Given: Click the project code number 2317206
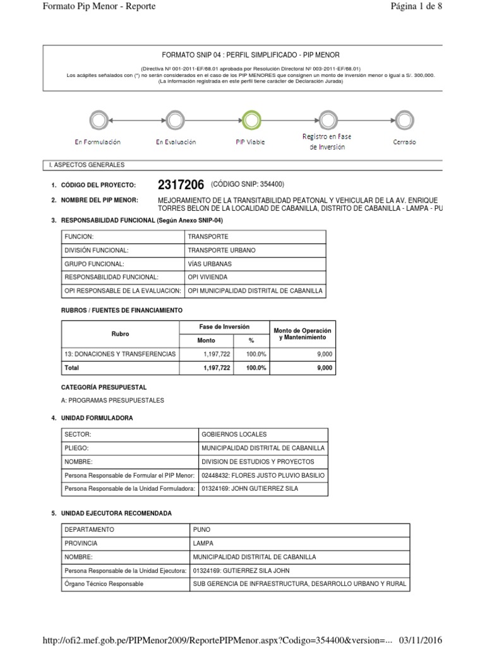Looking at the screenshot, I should coord(181,185).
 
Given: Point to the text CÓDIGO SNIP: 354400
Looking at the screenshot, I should coord(248,184).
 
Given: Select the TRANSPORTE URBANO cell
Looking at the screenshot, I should coord(222,250).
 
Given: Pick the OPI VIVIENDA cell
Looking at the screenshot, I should coord(208,277).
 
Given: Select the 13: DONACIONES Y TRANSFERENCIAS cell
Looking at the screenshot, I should coord(119,354).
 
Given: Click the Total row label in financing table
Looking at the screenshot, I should coord(71,368).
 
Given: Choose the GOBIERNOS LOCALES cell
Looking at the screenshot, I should coord(234,434).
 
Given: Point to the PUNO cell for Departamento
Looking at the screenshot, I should coord(201,530).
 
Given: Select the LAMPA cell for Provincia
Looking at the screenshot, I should coord(203,543).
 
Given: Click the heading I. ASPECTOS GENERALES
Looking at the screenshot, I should coord(87,165).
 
